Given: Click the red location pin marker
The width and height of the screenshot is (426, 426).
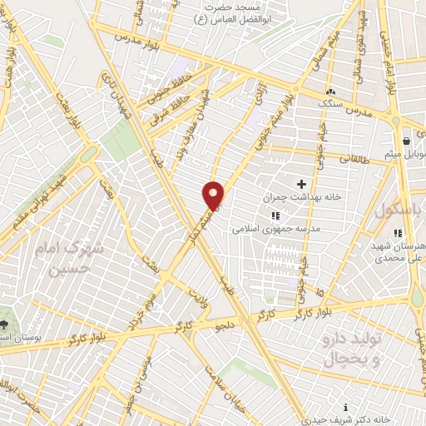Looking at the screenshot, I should click(x=214, y=195).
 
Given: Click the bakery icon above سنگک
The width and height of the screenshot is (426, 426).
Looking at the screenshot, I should click(x=331, y=92).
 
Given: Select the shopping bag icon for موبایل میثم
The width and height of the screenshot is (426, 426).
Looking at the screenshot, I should click(x=405, y=141).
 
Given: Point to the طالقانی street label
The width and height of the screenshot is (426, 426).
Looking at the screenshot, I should click(x=354, y=156).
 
